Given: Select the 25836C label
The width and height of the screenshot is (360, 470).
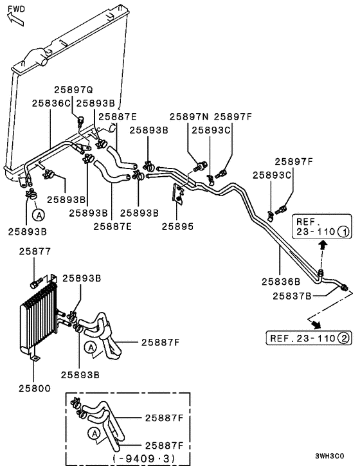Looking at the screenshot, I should point(51,102).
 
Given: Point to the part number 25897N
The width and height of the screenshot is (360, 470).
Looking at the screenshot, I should point(189,116).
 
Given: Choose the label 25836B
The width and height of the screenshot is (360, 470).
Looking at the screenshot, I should point(281,281).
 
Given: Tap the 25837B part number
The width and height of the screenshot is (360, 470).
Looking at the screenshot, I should point(292,296).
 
